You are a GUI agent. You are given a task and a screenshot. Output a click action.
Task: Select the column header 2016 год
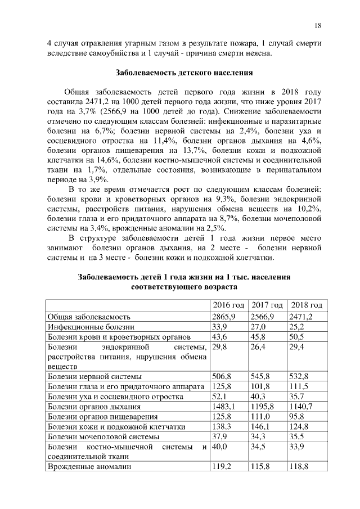click(228, 305)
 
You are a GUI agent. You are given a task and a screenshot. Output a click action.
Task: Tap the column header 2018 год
click(305, 305)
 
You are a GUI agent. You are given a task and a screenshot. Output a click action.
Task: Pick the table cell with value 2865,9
click(223, 317)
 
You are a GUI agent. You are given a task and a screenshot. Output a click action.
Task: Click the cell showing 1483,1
click(223, 407)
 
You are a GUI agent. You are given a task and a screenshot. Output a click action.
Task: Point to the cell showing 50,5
click(298, 337)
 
